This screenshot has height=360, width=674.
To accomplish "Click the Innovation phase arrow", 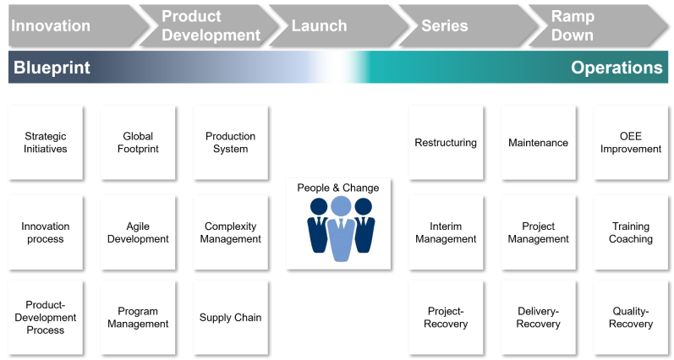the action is pyautogui.click(x=77, y=25).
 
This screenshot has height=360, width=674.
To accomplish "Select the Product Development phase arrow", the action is pyautogui.click(x=209, y=25).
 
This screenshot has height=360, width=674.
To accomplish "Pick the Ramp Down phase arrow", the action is pyautogui.click(x=599, y=25).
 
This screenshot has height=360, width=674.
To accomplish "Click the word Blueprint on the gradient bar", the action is pyautogui.click(x=52, y=68).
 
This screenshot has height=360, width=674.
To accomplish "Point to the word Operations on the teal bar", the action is pyautogui.click(x=616, y=68).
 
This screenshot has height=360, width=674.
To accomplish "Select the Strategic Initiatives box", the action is pyautogui.click(x=46, y=143).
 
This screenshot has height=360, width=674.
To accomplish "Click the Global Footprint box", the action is pyautogui.click(x=138, y=143).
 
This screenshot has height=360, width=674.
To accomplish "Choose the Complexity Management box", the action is pyautogui.click(x=230, y=232).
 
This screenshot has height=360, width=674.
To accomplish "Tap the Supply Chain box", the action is pyautogui.click(x=230, y=318).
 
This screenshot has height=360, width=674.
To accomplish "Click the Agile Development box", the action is pyautogui.click(x=138, y=232).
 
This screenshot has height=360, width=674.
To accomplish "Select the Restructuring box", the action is pyautogui.click(x=446, y=143).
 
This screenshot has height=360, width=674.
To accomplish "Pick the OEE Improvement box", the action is pyautogui.click(x=631, y=143).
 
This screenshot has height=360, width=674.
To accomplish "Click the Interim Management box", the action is pyautogui.click(x=446, y=232).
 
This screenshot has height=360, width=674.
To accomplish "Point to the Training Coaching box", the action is pyautogui.click(x=631, y=232).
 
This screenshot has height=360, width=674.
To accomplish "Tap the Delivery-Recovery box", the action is pyautogui.click(x=538, y=318).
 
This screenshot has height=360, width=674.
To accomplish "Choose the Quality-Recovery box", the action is pyautogui.click(x=631, y=318).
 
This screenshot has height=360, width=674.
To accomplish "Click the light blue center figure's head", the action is pyautogui.click(x=341, y=206).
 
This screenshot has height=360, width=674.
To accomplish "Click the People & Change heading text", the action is pyautogui.click(x=338, y=188).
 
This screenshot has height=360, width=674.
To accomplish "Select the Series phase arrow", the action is pyautogui.click(x=469, y=25).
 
